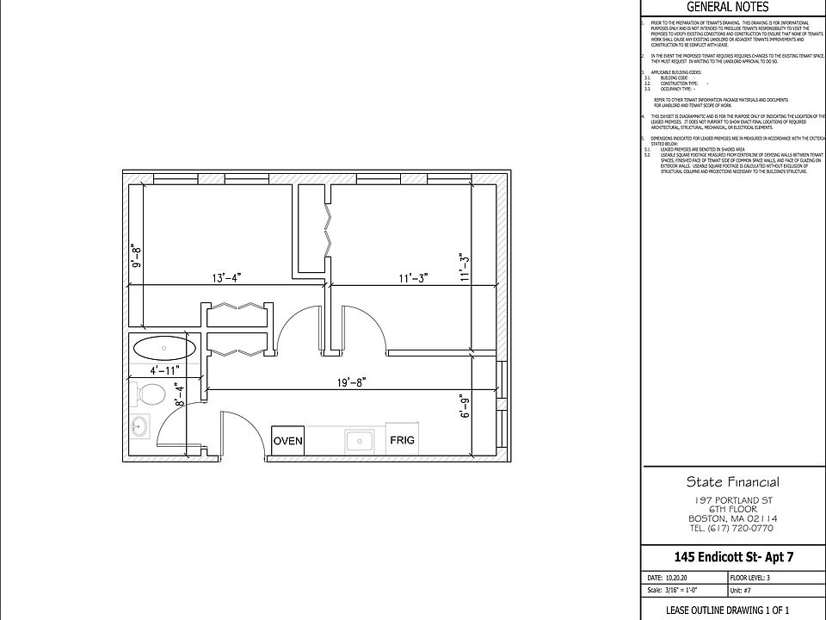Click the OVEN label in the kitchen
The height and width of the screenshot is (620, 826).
pos(288,441)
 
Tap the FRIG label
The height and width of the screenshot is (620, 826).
pos(402,440)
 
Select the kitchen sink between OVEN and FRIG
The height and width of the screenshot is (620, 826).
pos(357,441)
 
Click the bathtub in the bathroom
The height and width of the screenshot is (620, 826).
pos(164,349)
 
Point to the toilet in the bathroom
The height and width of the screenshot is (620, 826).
pos(151,396)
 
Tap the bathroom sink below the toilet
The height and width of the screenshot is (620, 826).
pos(139,426)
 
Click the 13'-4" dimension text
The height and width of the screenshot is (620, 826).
pos(226,277)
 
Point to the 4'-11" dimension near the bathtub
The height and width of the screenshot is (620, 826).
pos(165,371)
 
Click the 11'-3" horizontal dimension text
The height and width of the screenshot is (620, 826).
pos(413,277)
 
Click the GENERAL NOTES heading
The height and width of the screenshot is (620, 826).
pos(732,8)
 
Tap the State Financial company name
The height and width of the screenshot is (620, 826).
pos(733,481)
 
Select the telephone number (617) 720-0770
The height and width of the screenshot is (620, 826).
pos(733,528)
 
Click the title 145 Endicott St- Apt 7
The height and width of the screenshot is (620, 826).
pos(733,558)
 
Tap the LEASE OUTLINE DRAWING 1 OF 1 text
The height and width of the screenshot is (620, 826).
pos(733,610)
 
